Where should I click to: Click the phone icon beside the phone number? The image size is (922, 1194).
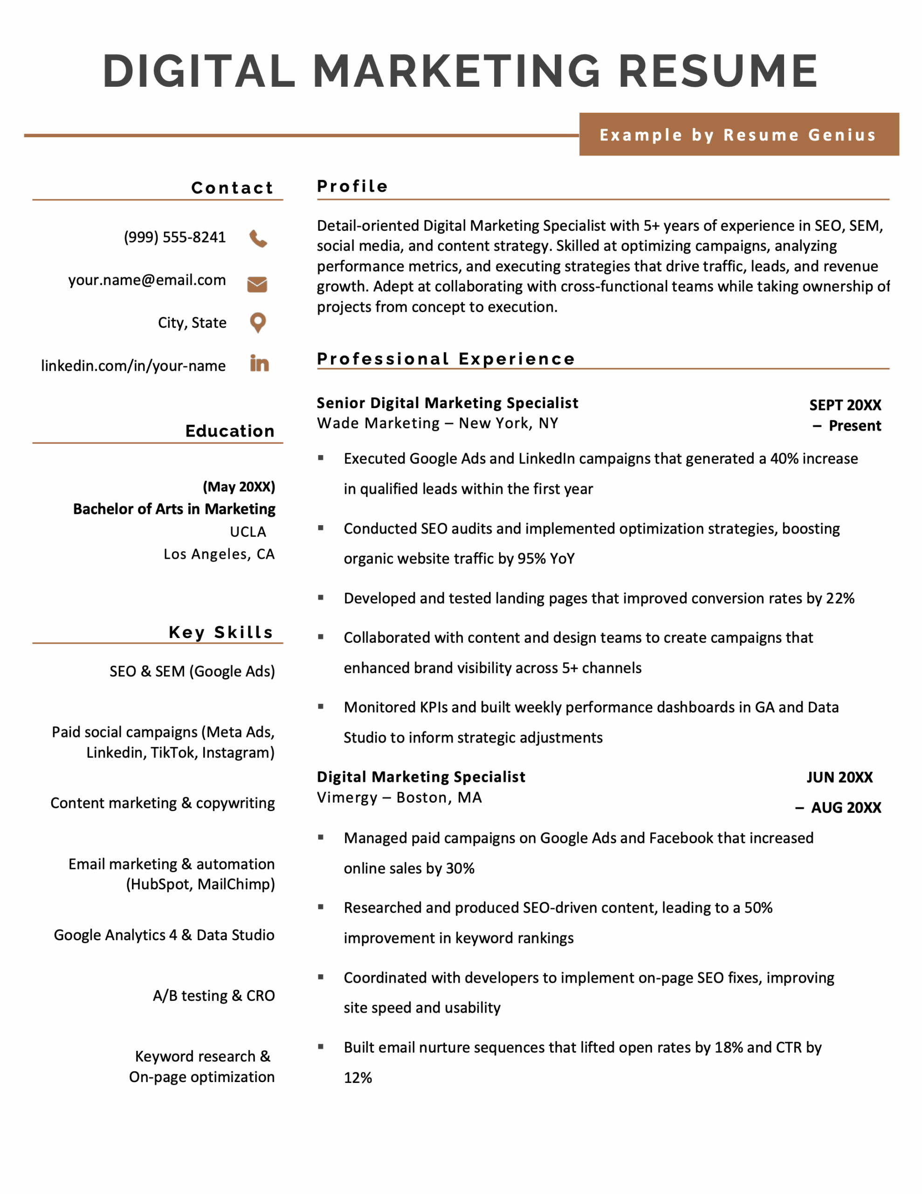(x=258, y=239)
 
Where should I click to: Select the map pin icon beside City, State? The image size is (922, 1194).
(x=257, y=323)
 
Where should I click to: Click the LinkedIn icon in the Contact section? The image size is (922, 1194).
(x=259, y=363)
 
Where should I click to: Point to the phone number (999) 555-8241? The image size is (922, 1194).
(x=174, y=237)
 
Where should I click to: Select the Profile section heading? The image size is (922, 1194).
(x=352, y=187)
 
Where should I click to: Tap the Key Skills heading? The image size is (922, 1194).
(x=220, y=632)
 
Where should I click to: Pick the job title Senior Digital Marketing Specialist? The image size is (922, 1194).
(x=447, y=403)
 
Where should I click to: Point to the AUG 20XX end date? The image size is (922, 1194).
(x=846, y=807)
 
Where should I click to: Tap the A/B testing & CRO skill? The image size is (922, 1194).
(x=213, y=996)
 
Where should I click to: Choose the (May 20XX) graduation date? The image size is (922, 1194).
(x=239, y=486)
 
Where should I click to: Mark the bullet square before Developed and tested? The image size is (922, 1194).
(x=321, y=597)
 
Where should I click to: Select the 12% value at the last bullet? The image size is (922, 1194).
(x=358, y=1077)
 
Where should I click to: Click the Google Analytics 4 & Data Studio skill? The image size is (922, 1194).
(x=164, y=935)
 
